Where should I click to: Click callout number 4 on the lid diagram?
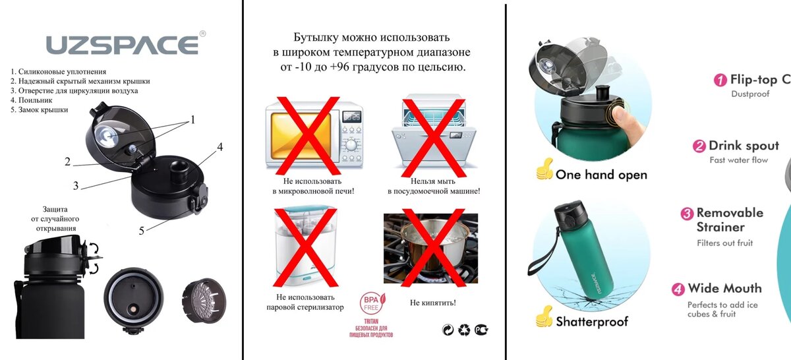tap(220, 147)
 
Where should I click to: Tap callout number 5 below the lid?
tap(141, 230)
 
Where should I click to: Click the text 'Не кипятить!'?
tap(432, 303)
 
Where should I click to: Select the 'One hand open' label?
tap(601, 175)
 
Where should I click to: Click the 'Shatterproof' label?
tap(591, 322)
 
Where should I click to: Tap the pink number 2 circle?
tap(699, 146)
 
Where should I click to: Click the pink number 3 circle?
tap(687, 214)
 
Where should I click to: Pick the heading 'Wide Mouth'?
tap(724, 288)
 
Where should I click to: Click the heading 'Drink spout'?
tap(744, 146)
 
